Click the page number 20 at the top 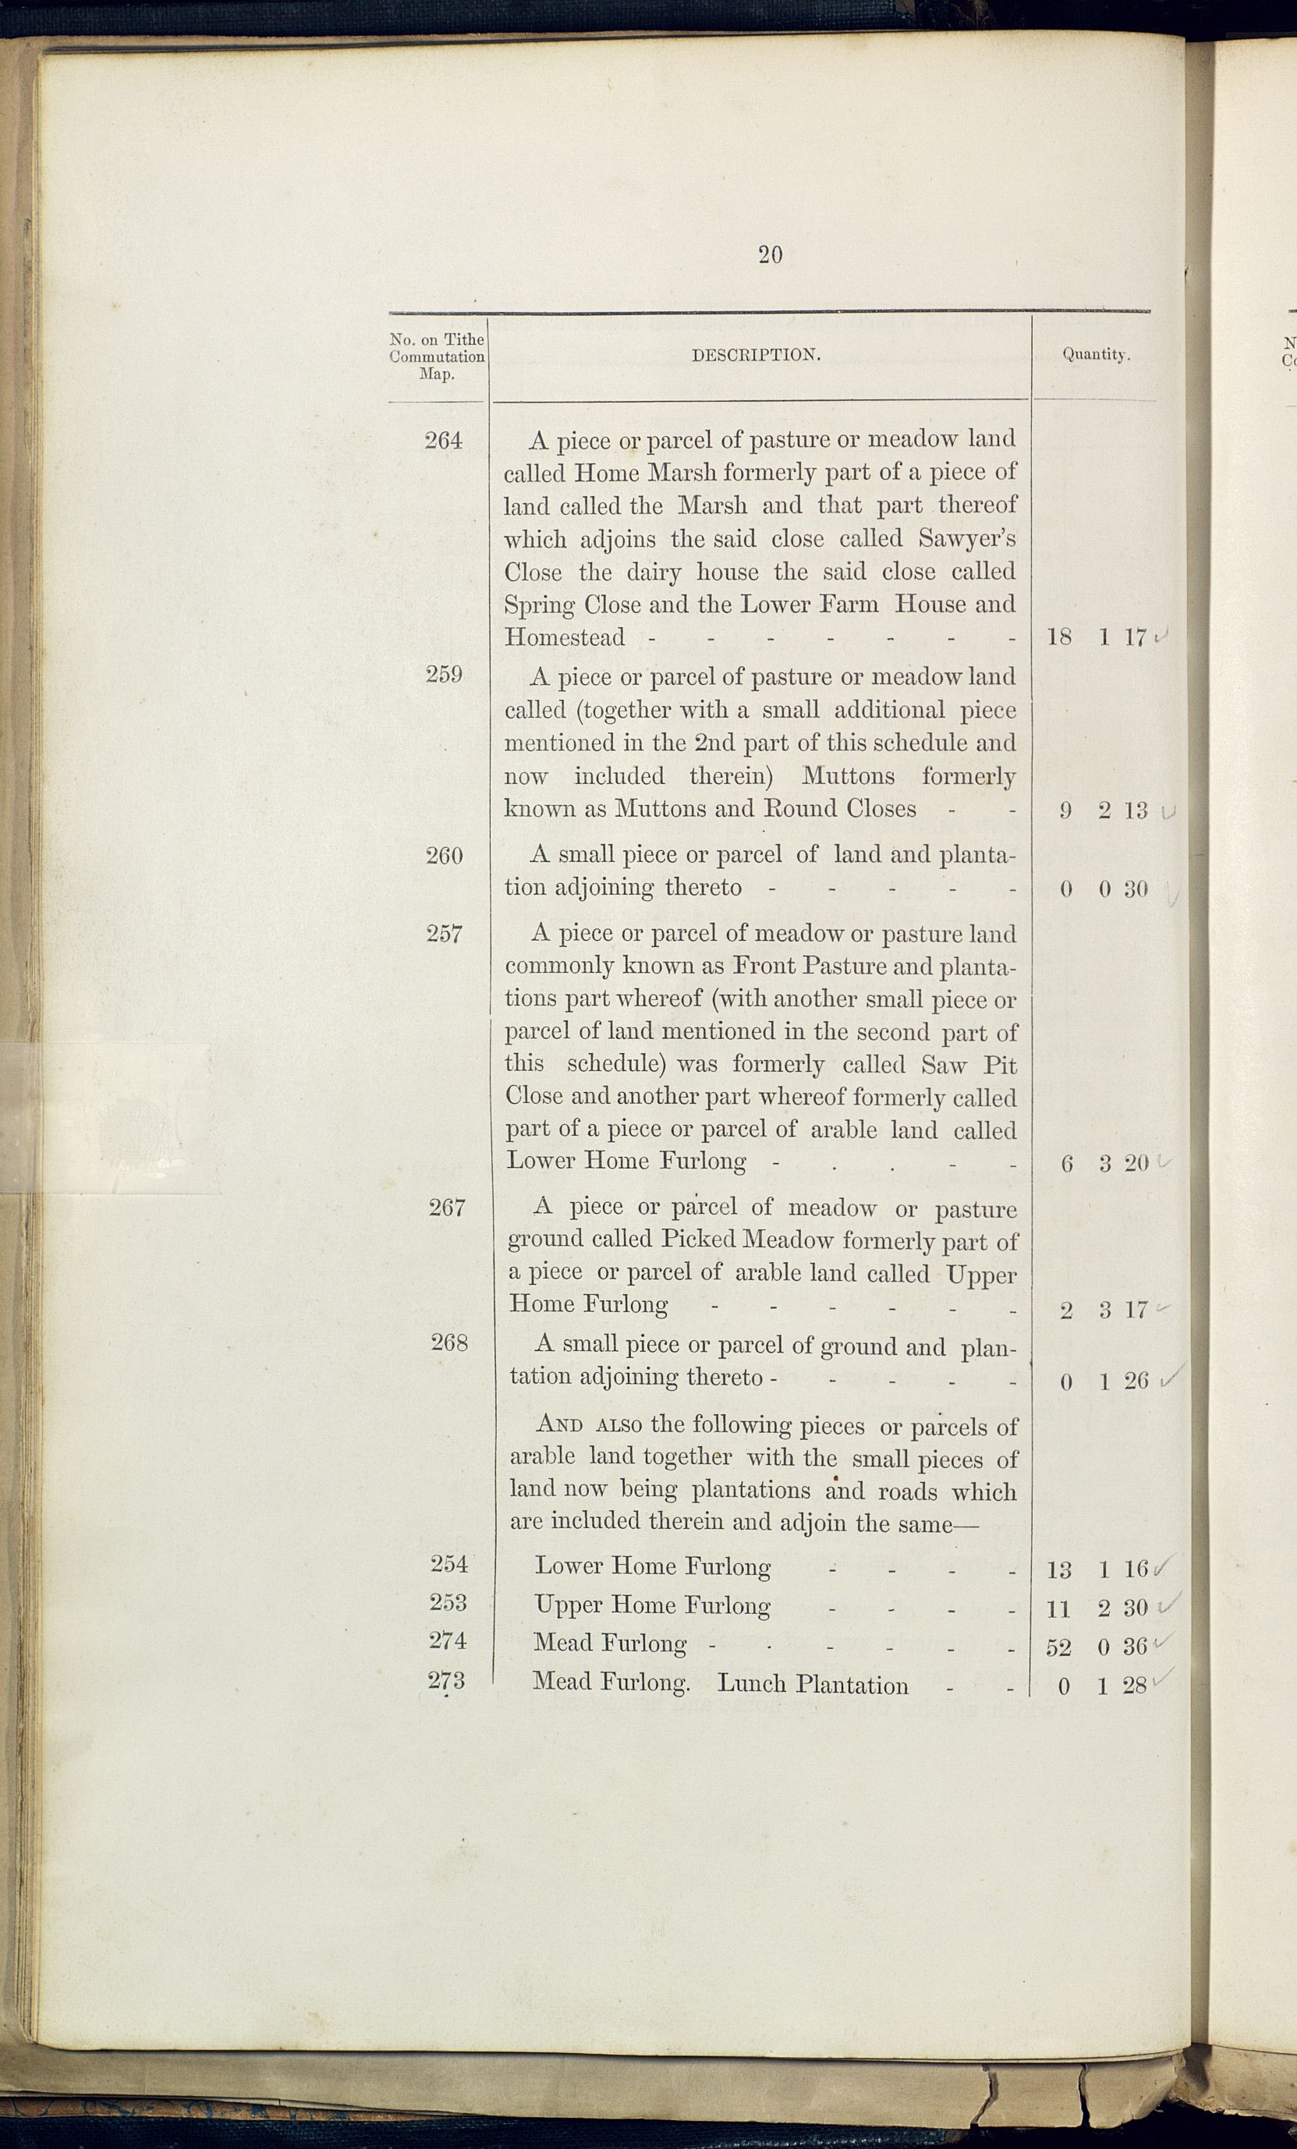pos(769,254)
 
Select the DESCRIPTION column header pos(755,355)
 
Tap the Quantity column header pos(1096,355)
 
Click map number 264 pos(443,442)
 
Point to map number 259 pos(444,674)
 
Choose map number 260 pos(444,856)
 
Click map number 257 pos(444,934)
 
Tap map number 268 pos(449,1343)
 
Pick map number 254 pos(449,1564)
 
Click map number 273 pos(447,1679)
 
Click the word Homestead pos(565,637)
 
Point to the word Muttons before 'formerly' pos(848,775)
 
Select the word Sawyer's pos(966,539)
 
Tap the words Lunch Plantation pos(812,1684)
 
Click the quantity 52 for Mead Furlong pos(1058,1647)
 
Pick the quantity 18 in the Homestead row pos(1059,637)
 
